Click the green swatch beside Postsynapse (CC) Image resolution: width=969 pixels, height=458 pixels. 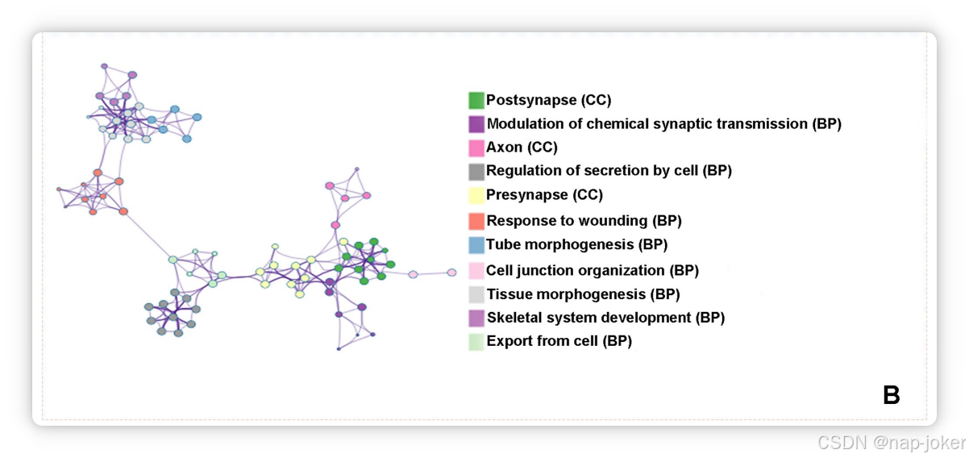[476, 101]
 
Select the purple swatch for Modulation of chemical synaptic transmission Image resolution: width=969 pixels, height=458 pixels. [476, 124]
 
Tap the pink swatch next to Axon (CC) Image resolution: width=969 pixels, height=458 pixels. [476, 148]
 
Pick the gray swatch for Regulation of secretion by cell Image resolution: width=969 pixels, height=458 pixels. [476, 171]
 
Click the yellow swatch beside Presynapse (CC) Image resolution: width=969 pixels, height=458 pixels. [476, 195]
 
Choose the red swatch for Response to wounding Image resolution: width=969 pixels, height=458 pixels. [476, 221]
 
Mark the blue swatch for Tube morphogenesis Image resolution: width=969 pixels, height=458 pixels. [476, 244]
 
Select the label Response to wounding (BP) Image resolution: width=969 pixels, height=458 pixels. [584, 221]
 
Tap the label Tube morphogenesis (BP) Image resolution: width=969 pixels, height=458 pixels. [576, 244]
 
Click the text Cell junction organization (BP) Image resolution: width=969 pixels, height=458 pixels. [592, 271]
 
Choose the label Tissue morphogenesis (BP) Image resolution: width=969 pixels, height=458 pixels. [583, 294]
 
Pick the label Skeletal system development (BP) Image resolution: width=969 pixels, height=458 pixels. [605, 318]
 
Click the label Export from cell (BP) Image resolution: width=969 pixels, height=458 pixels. [559, 341]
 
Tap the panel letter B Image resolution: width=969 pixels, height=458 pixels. [891, 395]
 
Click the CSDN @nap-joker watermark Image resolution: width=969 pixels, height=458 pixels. [890, 442]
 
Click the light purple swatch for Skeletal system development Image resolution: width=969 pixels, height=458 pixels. [476, 318]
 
